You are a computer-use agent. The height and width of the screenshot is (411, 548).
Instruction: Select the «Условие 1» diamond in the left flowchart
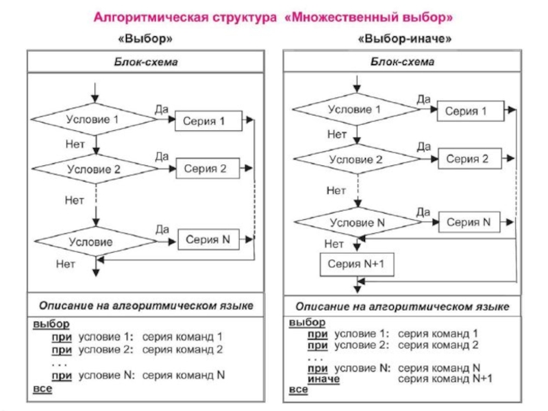click(x=96, y=120)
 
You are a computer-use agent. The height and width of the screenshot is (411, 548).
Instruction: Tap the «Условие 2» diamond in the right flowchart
click(x=356, y=160)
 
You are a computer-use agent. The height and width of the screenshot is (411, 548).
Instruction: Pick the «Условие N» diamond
click(x=357, y=223)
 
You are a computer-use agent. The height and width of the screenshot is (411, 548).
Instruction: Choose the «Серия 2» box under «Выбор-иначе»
click(x=468, y=159)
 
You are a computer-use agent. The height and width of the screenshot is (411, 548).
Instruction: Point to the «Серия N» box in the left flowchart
click(x=208, y=240)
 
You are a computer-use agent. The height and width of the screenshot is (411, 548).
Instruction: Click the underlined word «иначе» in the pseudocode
click(x=324, y=378)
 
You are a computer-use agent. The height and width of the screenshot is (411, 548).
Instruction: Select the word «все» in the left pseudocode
click(x=42, y=389)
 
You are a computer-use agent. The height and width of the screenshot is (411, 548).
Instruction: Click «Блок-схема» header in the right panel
click(x=403, y=62)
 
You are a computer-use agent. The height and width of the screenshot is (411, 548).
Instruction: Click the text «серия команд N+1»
click(x=445, y=378)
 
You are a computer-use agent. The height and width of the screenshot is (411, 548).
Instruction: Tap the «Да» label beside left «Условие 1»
click(x=162, y=109)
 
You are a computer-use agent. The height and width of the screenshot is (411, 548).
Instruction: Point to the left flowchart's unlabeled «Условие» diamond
click(x=96, y=242)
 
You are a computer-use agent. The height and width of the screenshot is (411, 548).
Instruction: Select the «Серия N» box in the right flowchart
click(x=469, y=222)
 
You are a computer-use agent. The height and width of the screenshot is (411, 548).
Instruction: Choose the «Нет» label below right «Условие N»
click(x=334, y=244)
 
